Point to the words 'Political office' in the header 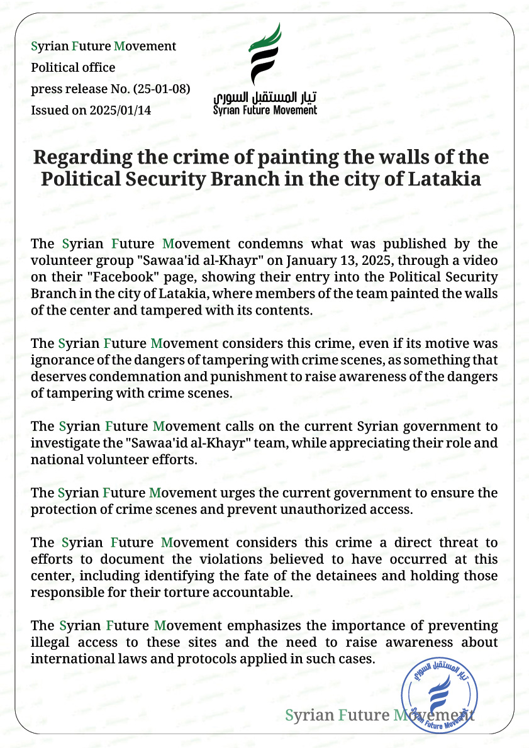click(74, 67)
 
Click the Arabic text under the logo click(265, 98)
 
